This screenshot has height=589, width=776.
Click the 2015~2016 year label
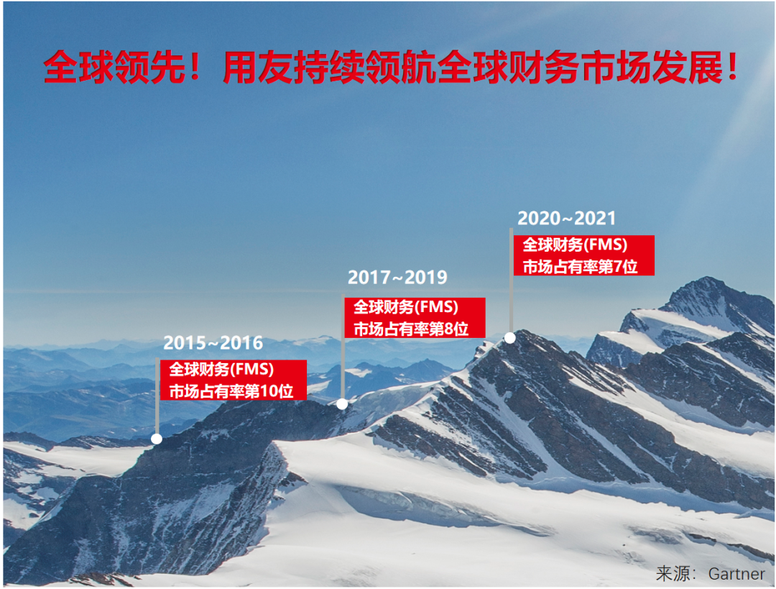coord(213,343)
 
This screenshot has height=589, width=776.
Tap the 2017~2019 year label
coord(397,278)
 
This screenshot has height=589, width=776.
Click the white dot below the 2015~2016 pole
coord(157,438)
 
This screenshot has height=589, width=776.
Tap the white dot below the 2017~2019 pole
coord(342,404)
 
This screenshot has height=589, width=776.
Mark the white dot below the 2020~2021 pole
coord(510,337)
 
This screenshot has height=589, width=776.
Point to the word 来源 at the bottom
coord(673,574)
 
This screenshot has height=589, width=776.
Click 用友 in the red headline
coord(246,68)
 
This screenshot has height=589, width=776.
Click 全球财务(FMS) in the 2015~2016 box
coord(222,370)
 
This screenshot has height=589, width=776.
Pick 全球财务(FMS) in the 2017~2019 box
coord(405,307)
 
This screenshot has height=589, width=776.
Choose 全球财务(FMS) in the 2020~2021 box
coord(575,245)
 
